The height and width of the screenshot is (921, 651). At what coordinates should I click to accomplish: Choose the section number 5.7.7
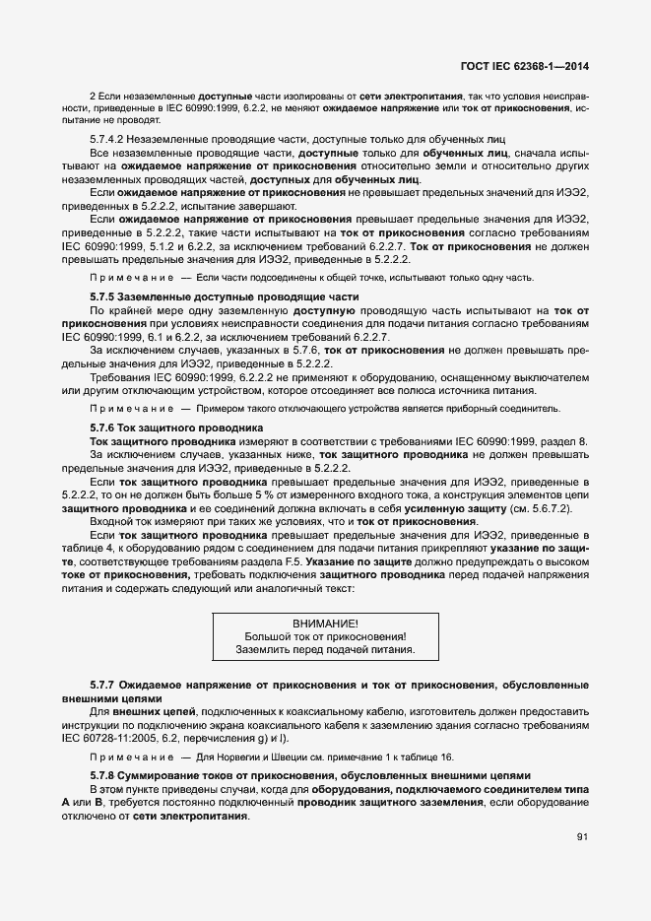click(x=103, y=684)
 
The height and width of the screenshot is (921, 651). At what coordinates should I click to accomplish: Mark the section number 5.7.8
click(x=103, y=774)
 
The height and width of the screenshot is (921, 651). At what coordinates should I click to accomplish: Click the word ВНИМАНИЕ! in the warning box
click(x=325, y=624)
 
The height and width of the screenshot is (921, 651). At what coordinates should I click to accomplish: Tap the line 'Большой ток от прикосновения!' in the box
click(x=325, y=636)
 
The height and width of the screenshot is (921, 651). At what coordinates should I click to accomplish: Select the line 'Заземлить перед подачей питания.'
click(x=325, y=650)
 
